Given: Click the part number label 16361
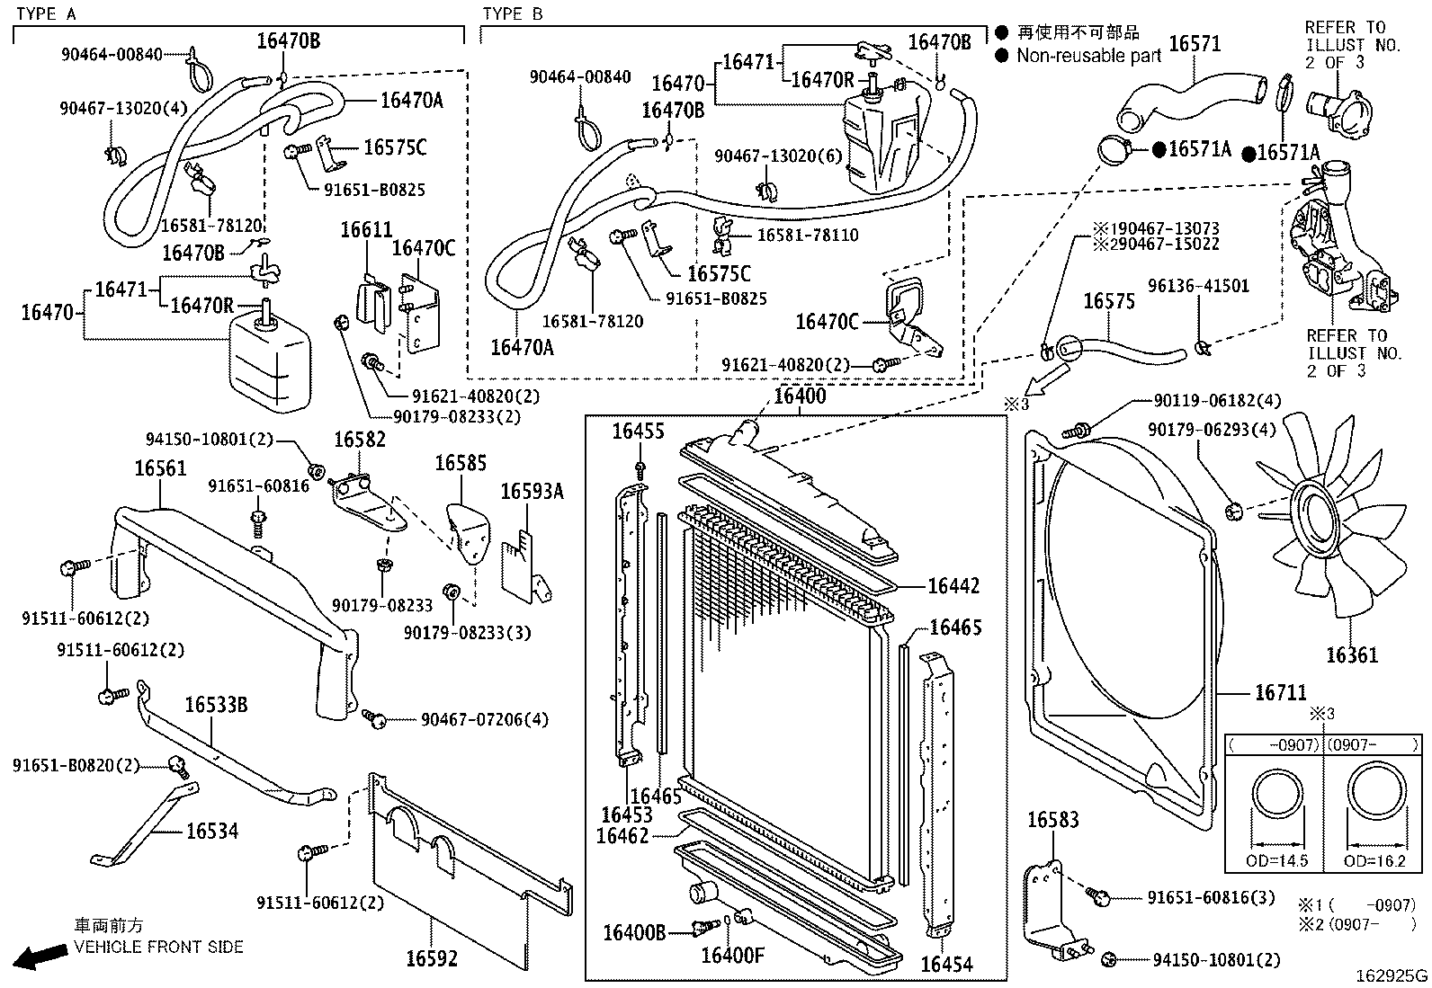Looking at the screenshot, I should point(1351,655).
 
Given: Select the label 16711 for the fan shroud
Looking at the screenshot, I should point(1280,693).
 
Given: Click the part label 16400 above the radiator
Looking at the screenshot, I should point(800,396).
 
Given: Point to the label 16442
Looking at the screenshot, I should point(953,586).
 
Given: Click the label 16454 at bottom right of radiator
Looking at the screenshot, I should point(946,965).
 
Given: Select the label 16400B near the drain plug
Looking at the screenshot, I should point(634,932).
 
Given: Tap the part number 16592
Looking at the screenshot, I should point(432,958).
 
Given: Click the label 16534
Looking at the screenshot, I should point(212,831).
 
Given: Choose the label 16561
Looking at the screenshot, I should point(161,468).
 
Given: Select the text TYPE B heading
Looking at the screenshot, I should point(513,13).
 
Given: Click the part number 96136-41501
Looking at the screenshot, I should point(1198,287).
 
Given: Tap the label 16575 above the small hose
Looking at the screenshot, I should point(1108,301).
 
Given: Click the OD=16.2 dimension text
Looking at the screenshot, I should point(1374,860).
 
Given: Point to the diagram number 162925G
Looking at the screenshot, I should point(1392,975).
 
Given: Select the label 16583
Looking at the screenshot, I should point(1052,820).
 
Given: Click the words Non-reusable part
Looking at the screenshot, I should point(1088,56).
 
